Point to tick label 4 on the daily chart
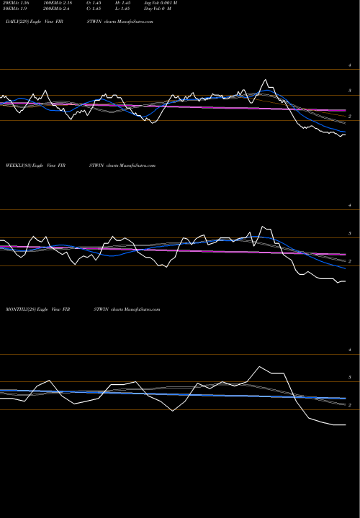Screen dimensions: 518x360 pyautogui.click(x=349, y=65)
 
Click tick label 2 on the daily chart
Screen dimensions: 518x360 pyautogui.click(x=349, y=116)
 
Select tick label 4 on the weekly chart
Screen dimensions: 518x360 pyautogui.click(x=349, y=208)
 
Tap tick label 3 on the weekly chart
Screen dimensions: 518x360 pyautogui.click(x=349, y=234)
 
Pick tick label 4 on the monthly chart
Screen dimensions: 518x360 pyautogui.click(x=349, y=350)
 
